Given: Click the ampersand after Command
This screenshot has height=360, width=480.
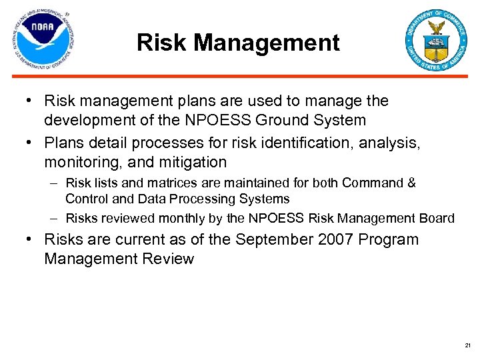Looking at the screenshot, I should [x=411, y=183].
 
